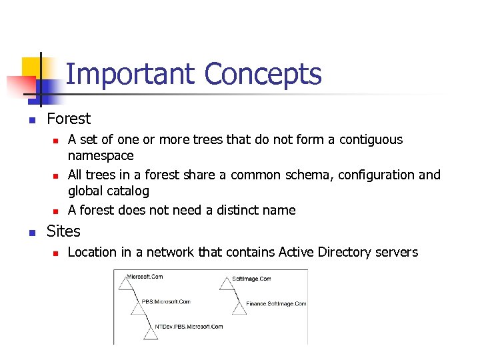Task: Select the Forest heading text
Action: pos(68,119)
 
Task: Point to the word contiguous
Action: pos(371,139)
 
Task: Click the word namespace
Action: pos(101,155)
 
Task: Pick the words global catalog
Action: pos(108,191)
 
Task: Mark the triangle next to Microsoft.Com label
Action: pos(124,284)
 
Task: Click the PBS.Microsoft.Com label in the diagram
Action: pos(166,301)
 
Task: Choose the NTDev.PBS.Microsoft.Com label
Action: pos(189,327)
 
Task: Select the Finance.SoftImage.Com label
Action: pos(276,303)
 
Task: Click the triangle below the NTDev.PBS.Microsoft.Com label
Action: pos(151,333)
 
